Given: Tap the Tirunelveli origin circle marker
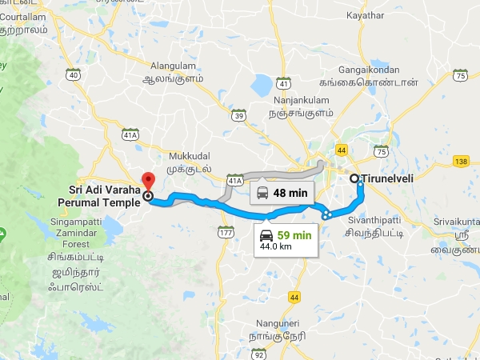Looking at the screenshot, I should (x=354, y=178).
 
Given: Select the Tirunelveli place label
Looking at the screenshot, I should (x=387, y=178).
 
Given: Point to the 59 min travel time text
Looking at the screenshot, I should (x=294, y=235).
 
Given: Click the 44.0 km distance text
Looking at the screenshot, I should (x=277, y=247).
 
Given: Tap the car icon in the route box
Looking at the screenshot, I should (x=266, y=235).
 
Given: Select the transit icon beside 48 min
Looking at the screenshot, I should (x=263, y=192).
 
